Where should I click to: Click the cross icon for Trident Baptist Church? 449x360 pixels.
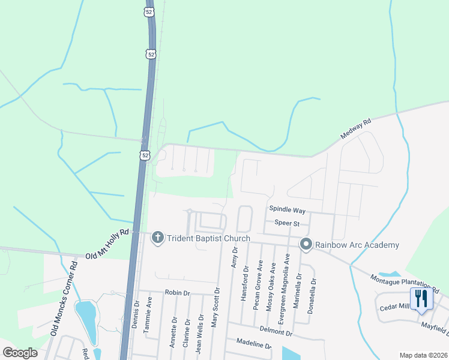[158, 238]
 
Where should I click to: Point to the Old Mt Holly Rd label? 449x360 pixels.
[107, 244]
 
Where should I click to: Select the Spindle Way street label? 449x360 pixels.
[287, 211]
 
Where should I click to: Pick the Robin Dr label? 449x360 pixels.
[177, 293]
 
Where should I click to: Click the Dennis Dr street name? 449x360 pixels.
[134, 313]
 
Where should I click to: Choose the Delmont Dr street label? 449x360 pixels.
[276, 332]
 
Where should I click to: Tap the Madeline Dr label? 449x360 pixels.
[255, 346]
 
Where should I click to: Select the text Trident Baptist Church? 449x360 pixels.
[208, 238]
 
